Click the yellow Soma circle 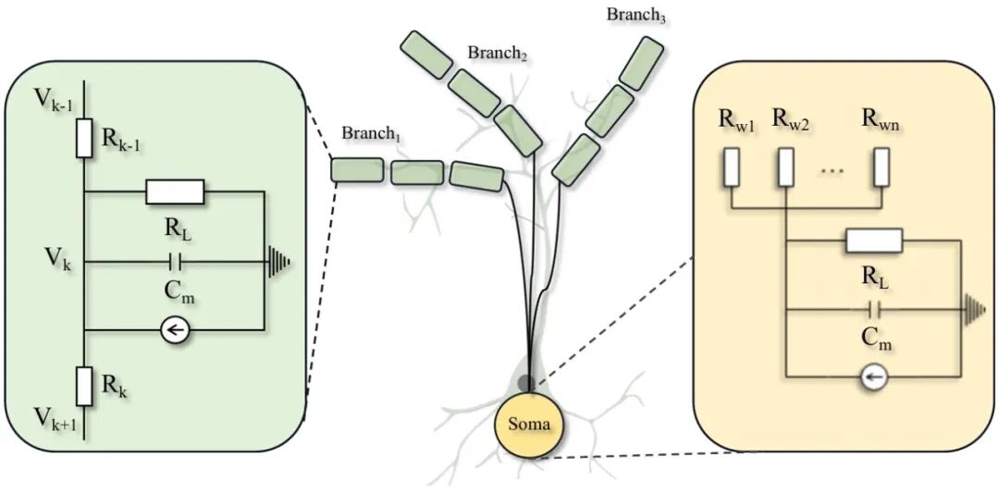click(529, 425)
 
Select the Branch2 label click(498, 54)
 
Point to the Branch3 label click(636, 15)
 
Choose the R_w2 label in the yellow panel click(790, 120)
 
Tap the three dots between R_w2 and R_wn click(832, 171)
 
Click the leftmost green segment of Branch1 click(357, 169)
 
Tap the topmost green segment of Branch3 click(641, 62)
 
